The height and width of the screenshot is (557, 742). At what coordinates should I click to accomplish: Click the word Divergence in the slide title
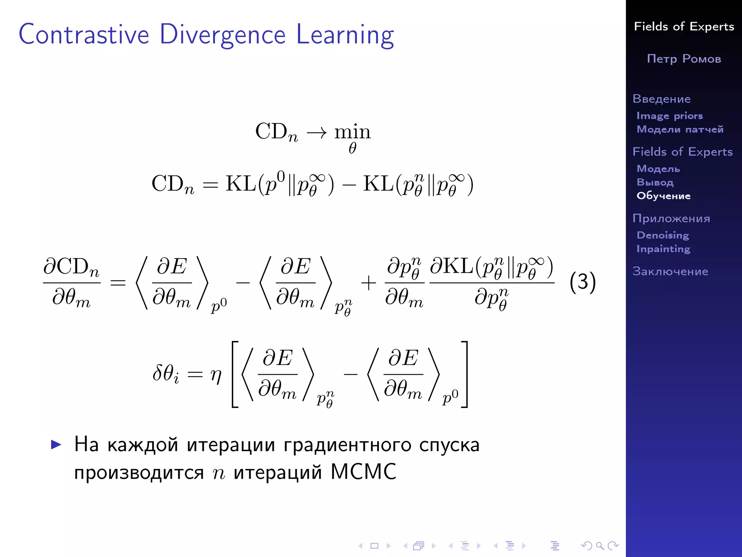pos(222,35)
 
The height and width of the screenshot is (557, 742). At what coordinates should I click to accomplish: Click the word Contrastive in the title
pos(84,35)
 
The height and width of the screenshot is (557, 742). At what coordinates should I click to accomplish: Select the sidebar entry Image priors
pos(669,116)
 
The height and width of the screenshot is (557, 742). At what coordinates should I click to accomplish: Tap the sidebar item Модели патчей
pos(680,129)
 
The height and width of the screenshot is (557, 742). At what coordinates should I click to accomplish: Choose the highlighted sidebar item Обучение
pos(663,196)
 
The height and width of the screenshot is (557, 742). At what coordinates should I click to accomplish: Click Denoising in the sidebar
pos(663,235)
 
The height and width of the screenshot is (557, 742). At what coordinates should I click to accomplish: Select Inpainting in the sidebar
pos(663,249)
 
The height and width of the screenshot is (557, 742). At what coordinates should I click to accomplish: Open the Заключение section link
pos(670,271)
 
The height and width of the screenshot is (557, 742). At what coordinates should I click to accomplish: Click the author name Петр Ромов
pos(684,59)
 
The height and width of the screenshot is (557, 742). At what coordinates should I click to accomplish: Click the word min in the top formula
pos(352,132)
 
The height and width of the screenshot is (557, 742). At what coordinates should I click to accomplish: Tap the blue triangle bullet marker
pos(56,445)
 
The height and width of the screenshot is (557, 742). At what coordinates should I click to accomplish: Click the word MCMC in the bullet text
pos(363,472)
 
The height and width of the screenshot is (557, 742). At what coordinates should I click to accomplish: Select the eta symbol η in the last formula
pos(216,375)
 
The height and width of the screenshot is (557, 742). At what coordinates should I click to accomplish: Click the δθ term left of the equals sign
pos(166,374)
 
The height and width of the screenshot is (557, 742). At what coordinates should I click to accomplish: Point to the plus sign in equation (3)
pos(368,283)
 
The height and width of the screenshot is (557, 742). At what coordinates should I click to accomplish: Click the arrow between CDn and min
pos(316,133)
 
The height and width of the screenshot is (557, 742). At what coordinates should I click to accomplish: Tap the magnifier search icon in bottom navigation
pos(600,546)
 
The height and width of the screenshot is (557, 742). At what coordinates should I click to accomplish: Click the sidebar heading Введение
pos(661,99)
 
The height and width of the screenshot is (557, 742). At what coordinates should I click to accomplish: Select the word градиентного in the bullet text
pos(347,445)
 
